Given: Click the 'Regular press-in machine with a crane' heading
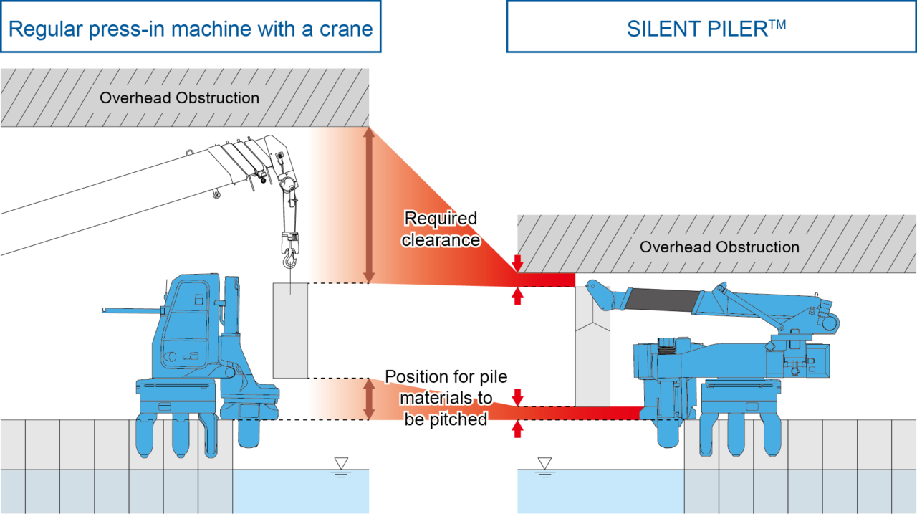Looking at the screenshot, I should pyautogui.click(x=191, y=29).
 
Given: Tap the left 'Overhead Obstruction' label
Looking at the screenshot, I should pyautogui.click(x=179, y=98).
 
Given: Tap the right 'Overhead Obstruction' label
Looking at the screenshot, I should pyautogui.click(x=719, y=247).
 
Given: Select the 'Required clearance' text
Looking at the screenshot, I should pyautogui.click(x=441, y=229).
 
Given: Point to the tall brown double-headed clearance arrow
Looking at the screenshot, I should pyautogui.click(x=369, y=205).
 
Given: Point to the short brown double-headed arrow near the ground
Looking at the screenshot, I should pyautogui.click(x=369, y=399).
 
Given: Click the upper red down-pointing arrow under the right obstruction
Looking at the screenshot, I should pyautogui.click(x=517, y=263).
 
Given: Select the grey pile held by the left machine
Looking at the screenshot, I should pyautogui.click(x=290, y=330).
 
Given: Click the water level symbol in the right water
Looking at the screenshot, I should pyautogui.click(x=545, y=475).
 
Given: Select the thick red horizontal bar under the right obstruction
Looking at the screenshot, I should pyautogui.click(x=548, y=279).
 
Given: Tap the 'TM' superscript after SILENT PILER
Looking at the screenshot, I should pyautogui.click(x=778, y=23).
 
